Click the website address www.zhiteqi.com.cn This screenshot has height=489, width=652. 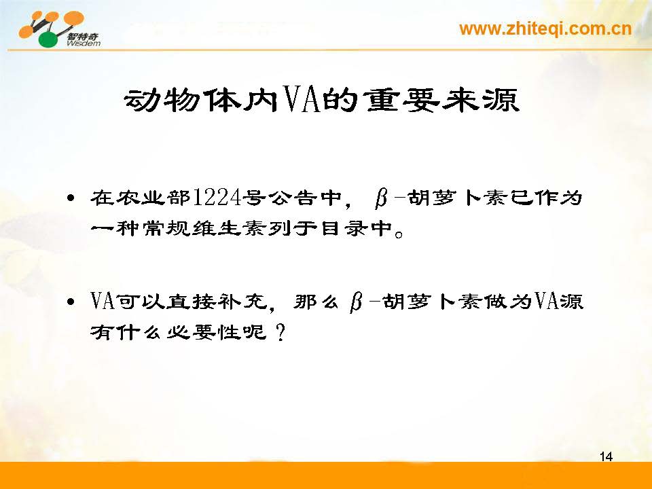tap(545, 29)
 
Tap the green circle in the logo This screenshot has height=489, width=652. tap(49, 39)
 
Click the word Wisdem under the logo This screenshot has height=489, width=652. tap(83, 43)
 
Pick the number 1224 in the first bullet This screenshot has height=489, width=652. tap(217, 198)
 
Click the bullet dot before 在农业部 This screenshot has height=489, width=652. tap(71, 198)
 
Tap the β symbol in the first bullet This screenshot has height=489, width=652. tap(381, 198)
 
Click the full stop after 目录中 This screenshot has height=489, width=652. tap(399, 234)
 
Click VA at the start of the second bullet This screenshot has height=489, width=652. tap(103, 301)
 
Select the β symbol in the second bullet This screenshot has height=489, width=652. tap(356, 302)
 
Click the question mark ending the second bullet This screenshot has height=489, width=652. tap(281, 332)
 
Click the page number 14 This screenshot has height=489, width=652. tap(606, 456)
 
